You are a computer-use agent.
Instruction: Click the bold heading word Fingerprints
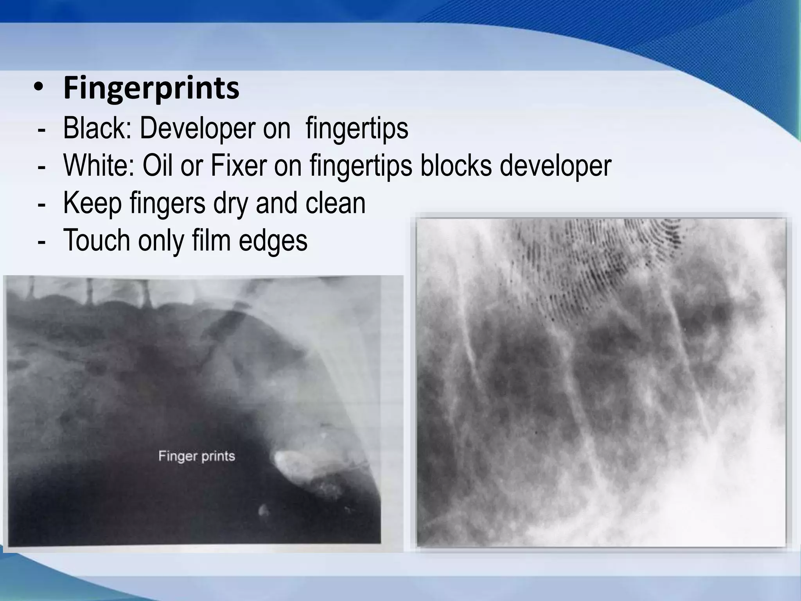tap(151, 88)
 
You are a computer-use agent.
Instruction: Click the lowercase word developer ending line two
tap(555, 166)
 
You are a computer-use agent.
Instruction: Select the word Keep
tap(92, 203)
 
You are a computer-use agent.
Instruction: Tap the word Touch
tap(96, 240)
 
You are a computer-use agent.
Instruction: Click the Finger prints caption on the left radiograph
tap(196, 456)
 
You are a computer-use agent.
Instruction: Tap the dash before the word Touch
tap(41, 241)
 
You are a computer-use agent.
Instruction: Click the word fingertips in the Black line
tap(357, 128)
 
